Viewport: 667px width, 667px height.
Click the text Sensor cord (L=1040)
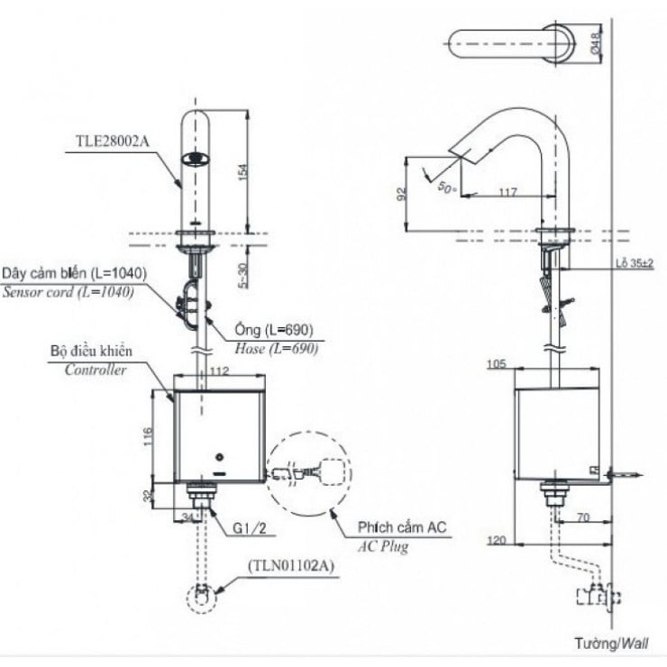tap(68, 292)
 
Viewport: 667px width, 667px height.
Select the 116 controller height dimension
tap(148, 436)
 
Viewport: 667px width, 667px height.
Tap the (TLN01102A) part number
tap(291, 566)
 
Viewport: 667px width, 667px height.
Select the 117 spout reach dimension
tap(506, 191)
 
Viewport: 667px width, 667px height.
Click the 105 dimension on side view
tap(497, 363)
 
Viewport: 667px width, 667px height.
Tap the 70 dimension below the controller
tap(584, 518)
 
